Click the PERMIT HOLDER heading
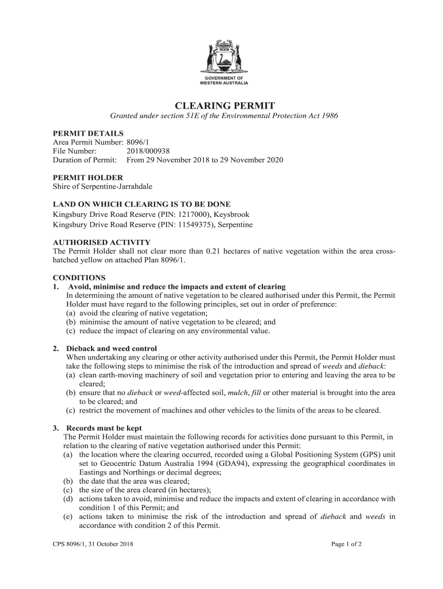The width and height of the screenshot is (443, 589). (x=87, y=178)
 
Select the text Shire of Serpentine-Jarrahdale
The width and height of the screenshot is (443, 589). (x=102, y=186)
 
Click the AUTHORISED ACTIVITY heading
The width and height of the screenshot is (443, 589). (x=101, y=242)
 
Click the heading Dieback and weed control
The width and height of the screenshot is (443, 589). (x=112, y=349)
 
